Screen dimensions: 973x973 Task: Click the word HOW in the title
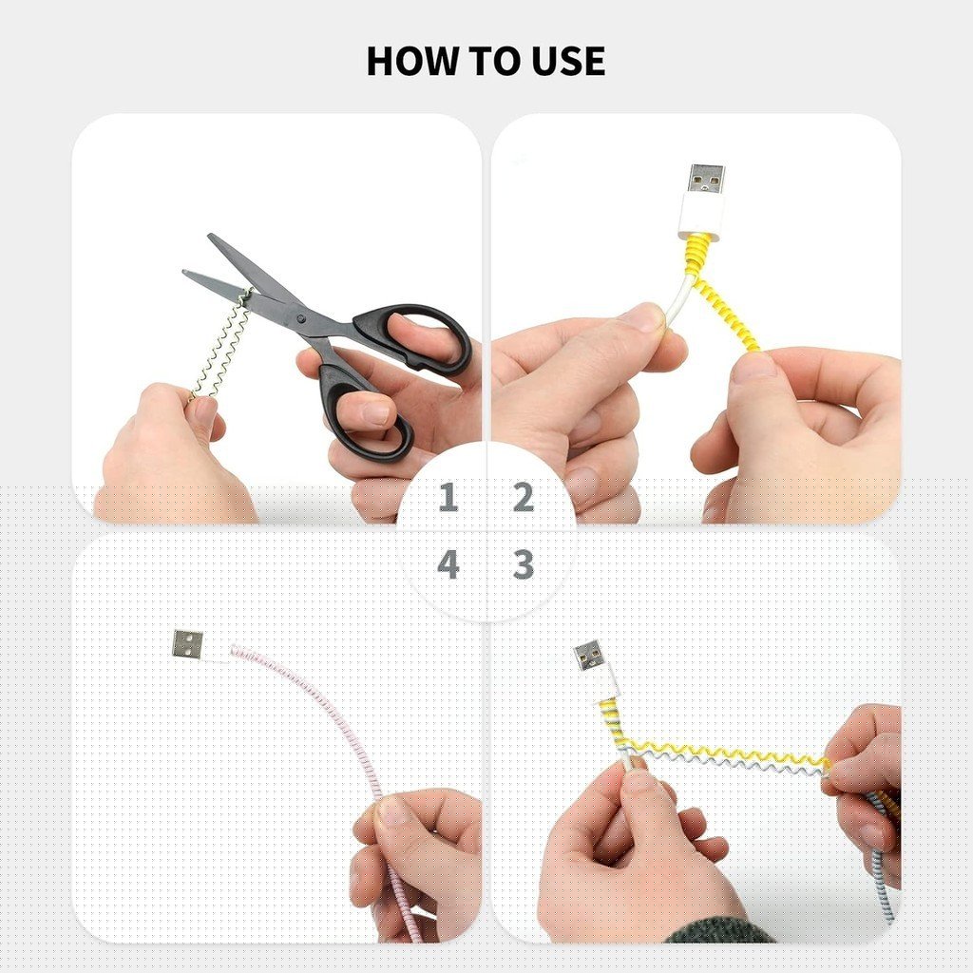point(413,61)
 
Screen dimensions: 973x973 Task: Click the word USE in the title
point(568,61)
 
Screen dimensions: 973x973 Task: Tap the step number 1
point(448,497)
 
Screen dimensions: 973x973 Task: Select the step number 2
point(524,497)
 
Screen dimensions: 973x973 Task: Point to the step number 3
point(524,564)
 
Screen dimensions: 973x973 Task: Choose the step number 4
point(448,564)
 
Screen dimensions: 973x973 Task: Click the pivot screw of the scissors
point(301,318)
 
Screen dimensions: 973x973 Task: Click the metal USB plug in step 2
point(706,180)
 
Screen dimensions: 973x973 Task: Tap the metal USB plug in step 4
point(187,643)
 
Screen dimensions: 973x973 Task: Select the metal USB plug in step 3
point(590,656)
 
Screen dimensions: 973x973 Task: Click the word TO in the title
point(496,61)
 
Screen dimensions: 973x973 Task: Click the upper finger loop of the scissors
point(410,338)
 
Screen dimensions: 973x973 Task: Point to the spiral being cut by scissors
point(220,344)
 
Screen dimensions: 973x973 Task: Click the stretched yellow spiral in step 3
point(726,753)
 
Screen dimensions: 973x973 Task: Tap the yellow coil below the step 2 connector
point(720,292)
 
